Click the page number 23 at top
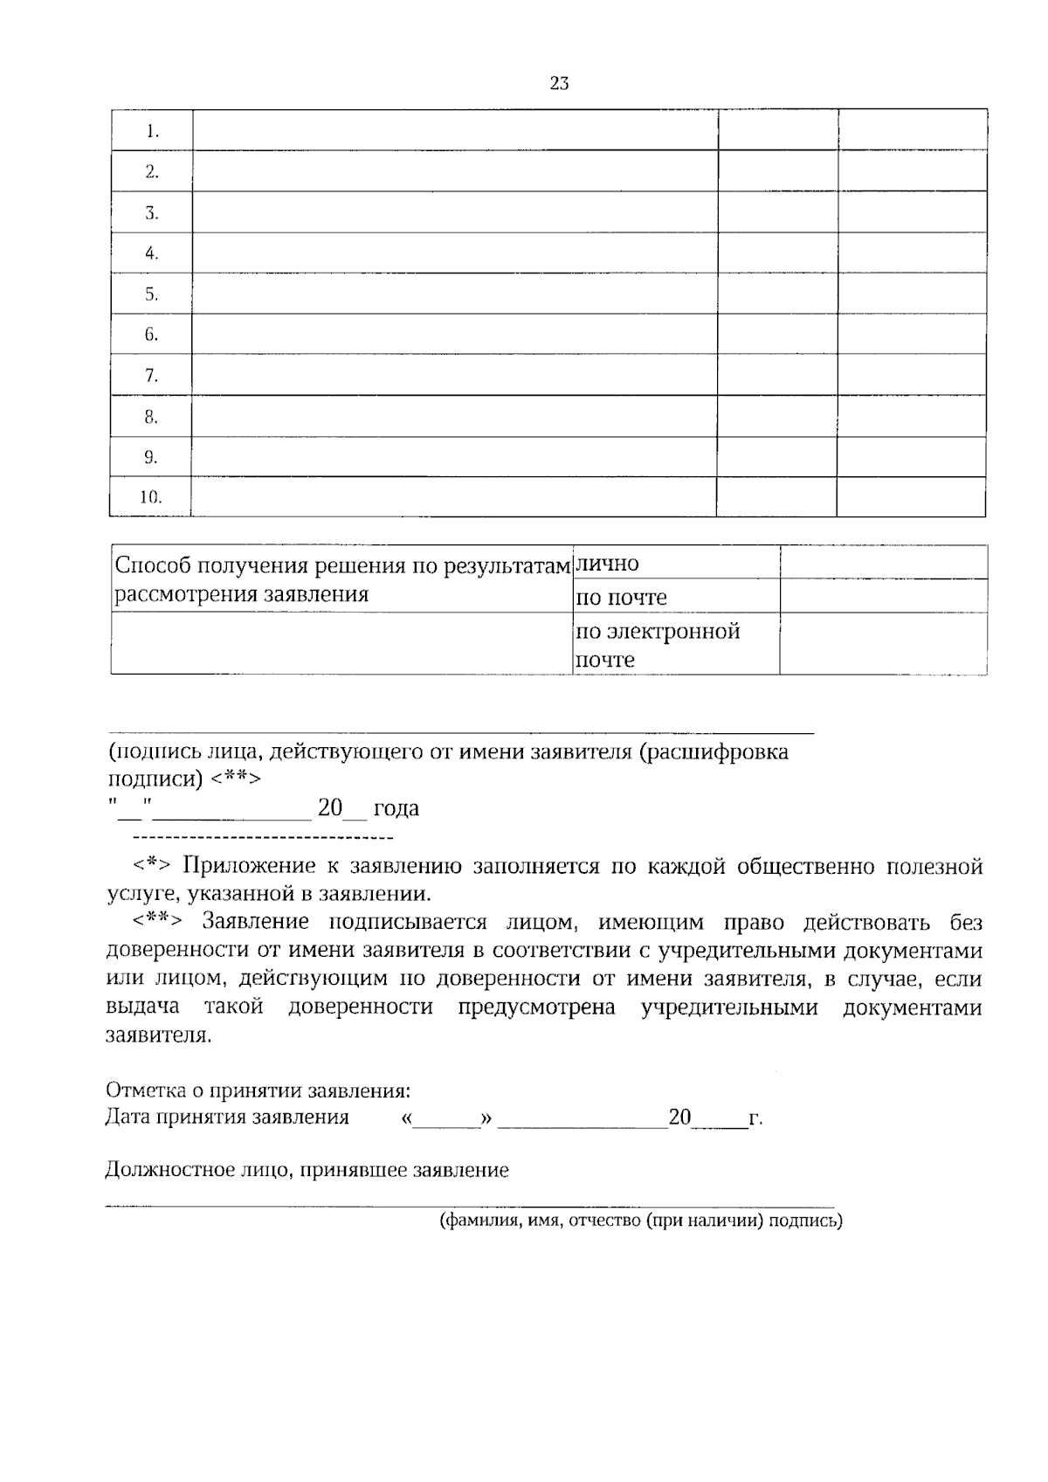tap(560, 83)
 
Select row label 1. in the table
tap(152, 132)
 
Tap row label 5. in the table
tap(152, 294)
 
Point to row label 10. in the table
tap(151, 497)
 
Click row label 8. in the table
tap(152, 417)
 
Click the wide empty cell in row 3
tap(454, 212)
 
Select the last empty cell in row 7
tap(912, 375)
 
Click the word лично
tap(608, 564)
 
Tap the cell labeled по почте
tap(621, 598)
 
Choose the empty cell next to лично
tap(883, 563)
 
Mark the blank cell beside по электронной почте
tap(883, 644)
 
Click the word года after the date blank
tap(396, 808)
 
